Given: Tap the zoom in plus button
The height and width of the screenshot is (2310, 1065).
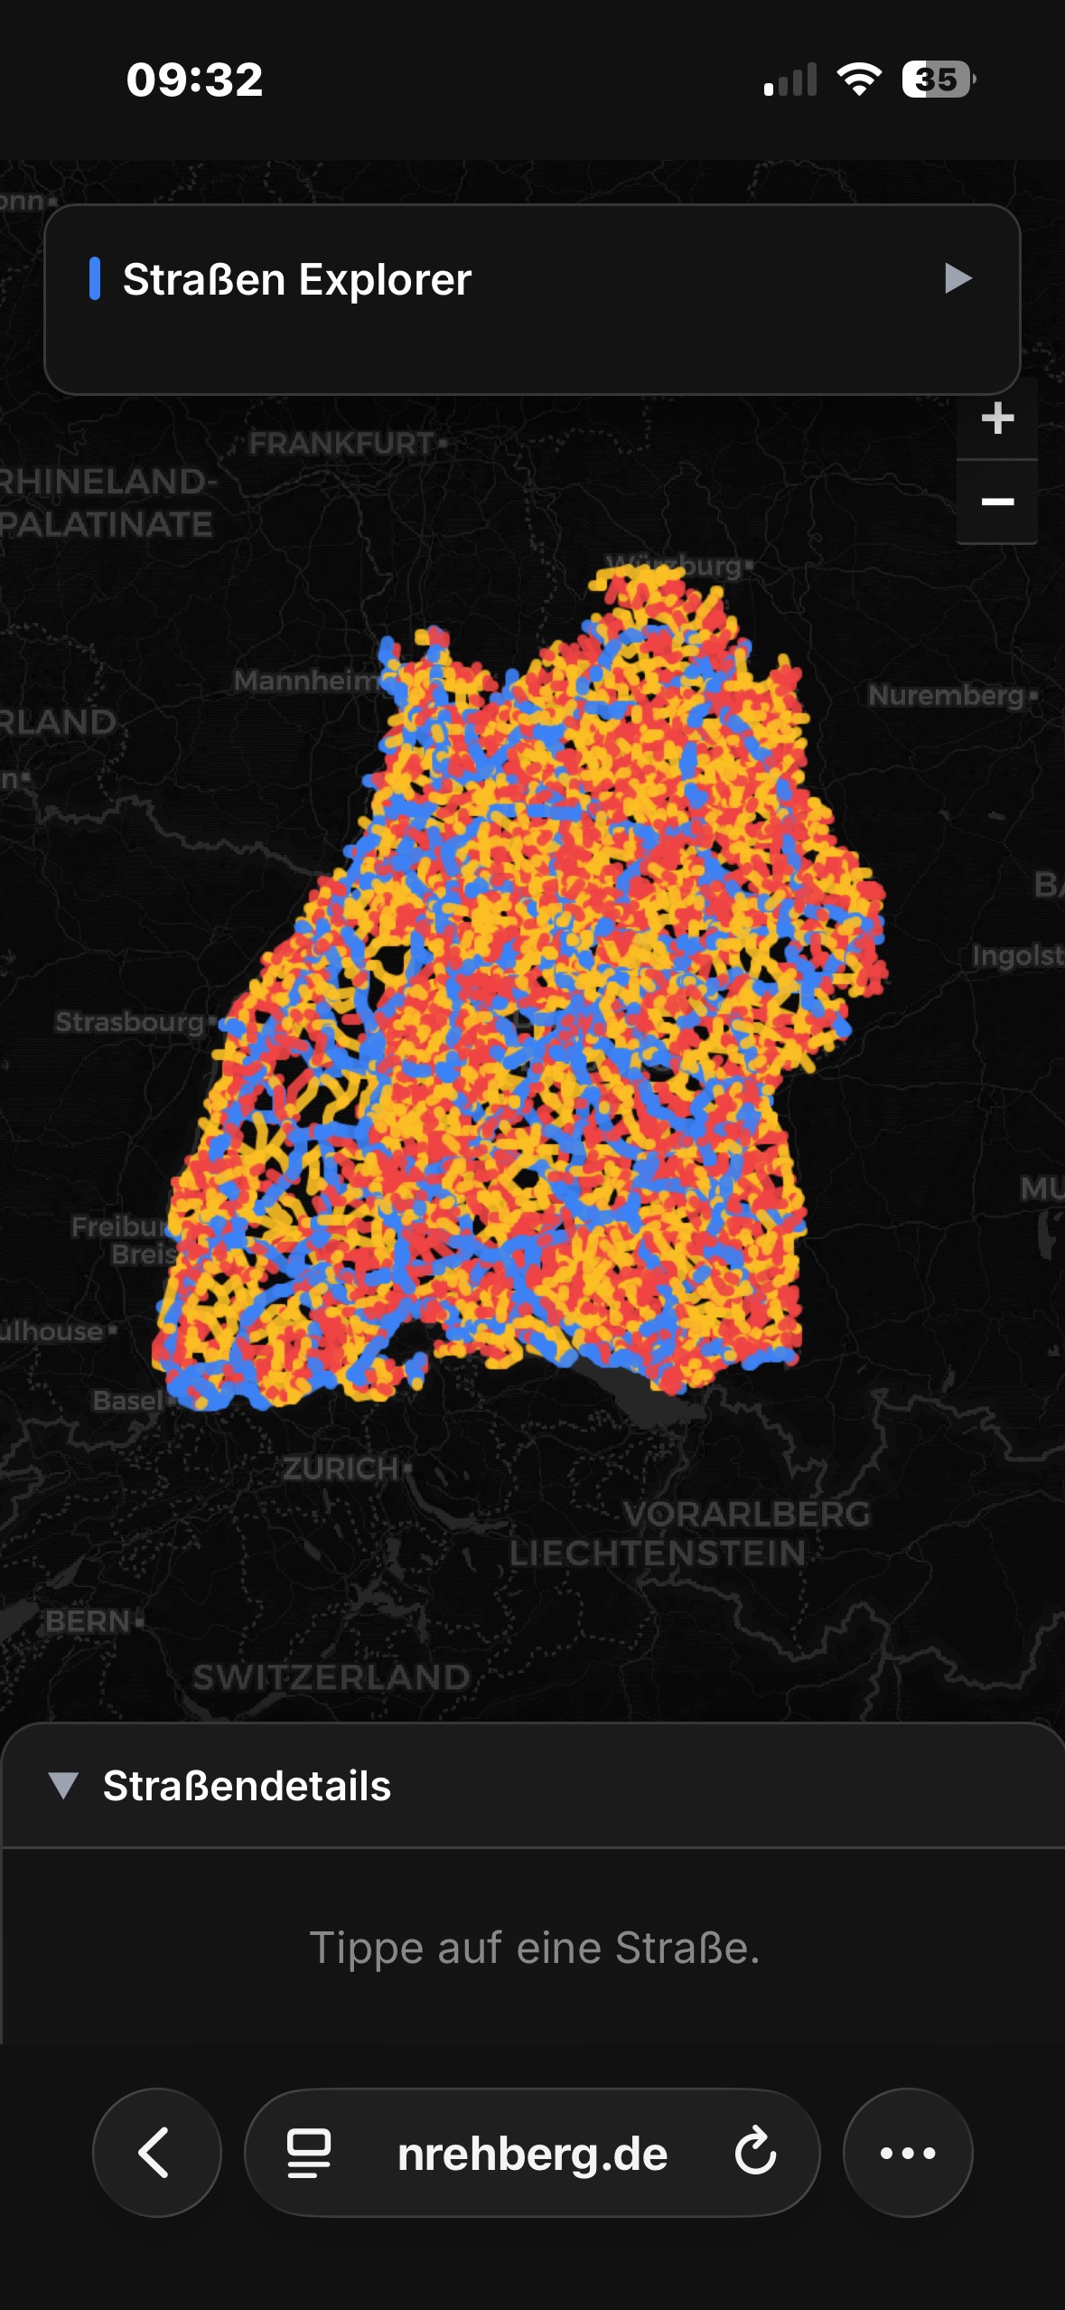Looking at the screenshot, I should coord(996,418).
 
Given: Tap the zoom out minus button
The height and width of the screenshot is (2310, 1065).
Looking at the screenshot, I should coord(996,502).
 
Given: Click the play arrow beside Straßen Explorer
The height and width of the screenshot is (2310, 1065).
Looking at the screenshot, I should coord(957,278).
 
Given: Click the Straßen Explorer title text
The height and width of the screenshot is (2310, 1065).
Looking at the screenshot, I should coord(296,279).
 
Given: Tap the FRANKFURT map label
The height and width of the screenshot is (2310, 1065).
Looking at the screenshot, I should coord(341,444).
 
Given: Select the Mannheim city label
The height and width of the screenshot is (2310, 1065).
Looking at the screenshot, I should coord(304,681).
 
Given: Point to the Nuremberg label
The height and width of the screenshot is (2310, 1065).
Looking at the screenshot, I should coord(946,695).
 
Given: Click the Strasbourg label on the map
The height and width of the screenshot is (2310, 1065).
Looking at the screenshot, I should coord(130,1022).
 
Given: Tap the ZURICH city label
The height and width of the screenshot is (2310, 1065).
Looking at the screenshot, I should coord(341,1469).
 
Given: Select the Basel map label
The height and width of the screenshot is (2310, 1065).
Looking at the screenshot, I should coord(127,1401).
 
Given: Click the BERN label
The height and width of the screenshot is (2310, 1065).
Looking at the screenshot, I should coord(89,1621).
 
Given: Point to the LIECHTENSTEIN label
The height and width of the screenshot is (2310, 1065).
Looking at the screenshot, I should coord(657,1554).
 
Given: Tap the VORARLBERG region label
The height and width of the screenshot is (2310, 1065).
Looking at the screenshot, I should coord(746,1514).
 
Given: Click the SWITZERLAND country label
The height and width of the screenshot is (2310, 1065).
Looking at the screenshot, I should coord(332,1677).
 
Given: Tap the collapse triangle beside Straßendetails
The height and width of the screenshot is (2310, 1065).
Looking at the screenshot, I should coord(63,1786).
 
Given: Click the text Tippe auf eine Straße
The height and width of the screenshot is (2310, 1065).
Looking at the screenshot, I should coord(534,1948).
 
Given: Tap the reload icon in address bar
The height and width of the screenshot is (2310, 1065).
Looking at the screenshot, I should coord(755,2152).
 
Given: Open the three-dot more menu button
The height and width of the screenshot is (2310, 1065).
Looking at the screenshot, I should coord(907,2153).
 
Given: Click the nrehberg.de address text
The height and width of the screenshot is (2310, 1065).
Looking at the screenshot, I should coord(532,2154).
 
